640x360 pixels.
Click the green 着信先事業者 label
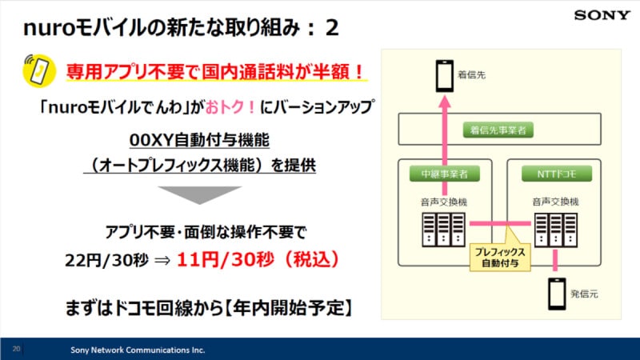500,128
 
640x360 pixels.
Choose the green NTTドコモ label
556,173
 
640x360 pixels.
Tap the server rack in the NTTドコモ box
556,231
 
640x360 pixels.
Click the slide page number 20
16,349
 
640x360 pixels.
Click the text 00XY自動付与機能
198,141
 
